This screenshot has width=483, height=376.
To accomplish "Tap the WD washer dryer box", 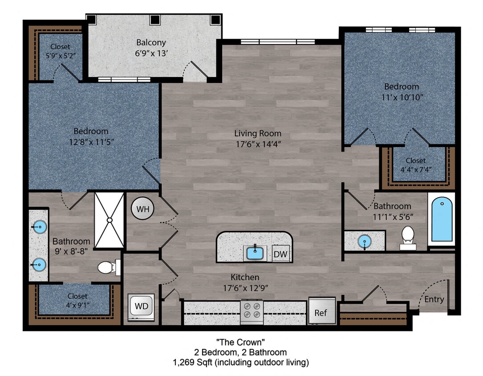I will [141, 307].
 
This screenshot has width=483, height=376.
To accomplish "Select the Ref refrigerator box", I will [321, 312].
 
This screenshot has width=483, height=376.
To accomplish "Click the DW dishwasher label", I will [280, 254].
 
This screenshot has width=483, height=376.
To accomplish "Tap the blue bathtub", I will [442, 220].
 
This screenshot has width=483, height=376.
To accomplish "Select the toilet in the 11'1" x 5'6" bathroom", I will [408, 237].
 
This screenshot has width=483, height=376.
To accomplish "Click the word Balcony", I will [151, 43].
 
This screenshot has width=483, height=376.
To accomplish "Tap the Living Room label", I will [258, 133].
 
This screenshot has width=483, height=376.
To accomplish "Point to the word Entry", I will [434, 299].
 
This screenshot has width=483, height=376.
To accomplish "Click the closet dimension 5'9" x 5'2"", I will [60, 57].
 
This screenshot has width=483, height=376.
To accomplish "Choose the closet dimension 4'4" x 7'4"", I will [415, 170].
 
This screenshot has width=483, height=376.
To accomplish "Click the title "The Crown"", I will [240, 343].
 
